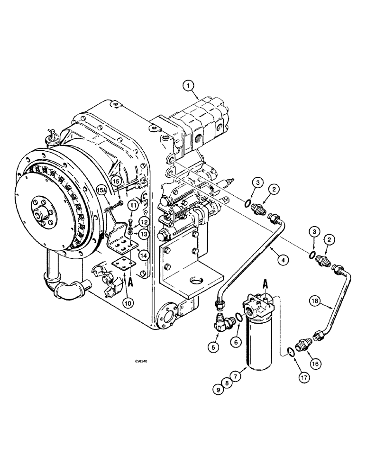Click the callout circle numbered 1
189,86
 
